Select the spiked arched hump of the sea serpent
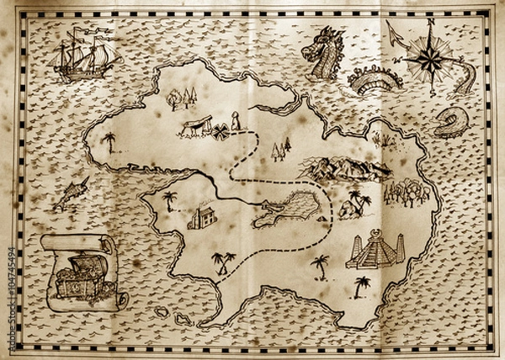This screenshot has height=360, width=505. [375, 80]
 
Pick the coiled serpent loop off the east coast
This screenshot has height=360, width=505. [449, 123]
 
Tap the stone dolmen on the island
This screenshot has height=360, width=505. [193, 127]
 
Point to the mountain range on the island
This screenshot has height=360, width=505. [345, 168]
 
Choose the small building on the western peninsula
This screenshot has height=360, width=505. [202, 217]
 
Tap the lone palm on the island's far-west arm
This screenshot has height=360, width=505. [109, 140]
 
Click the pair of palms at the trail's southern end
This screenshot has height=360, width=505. [223, 262]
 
